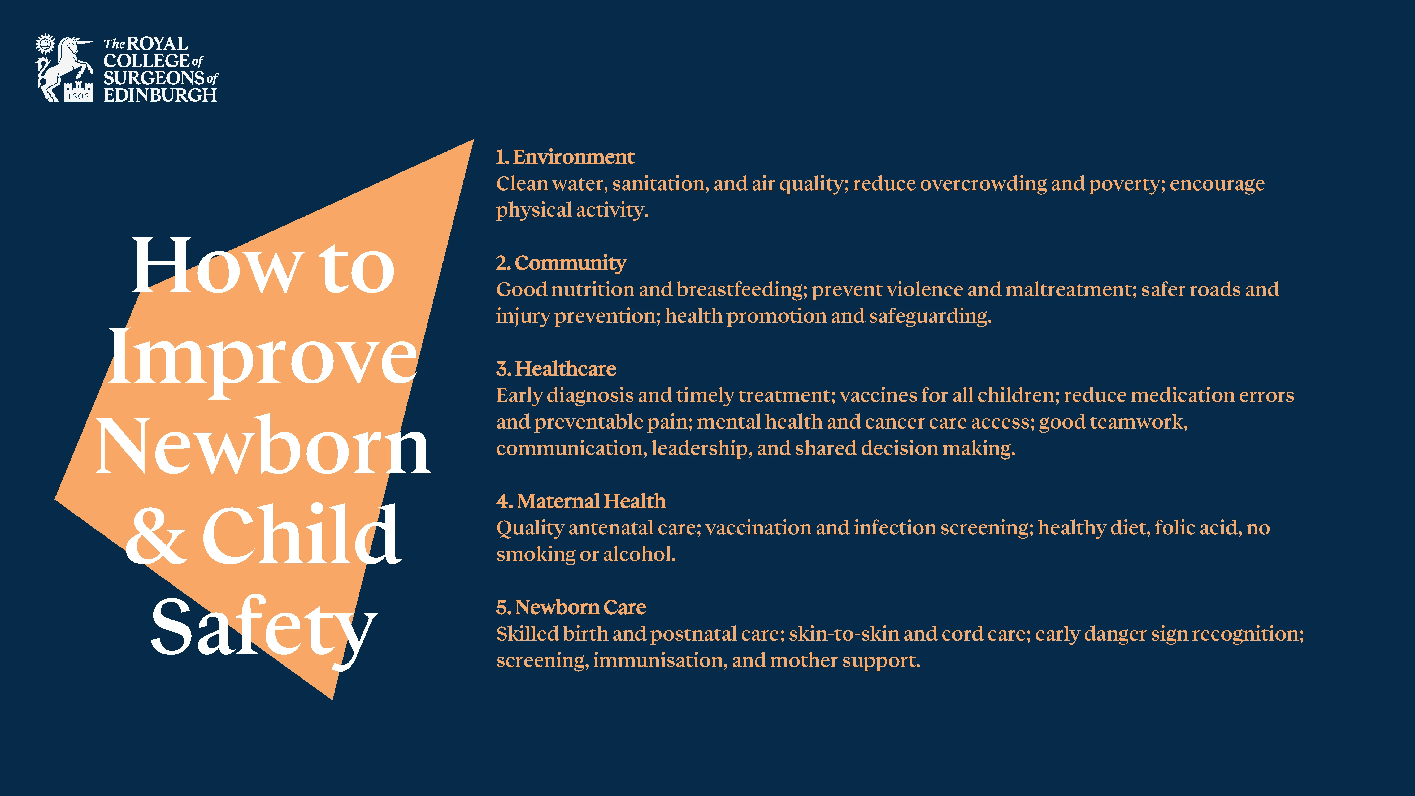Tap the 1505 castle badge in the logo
(78, 92)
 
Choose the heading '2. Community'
(561, 263)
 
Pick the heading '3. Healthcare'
(556, 369)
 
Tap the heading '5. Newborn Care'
(571, 607)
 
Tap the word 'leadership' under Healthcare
(700, 449)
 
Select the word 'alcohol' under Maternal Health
(639, 554)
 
